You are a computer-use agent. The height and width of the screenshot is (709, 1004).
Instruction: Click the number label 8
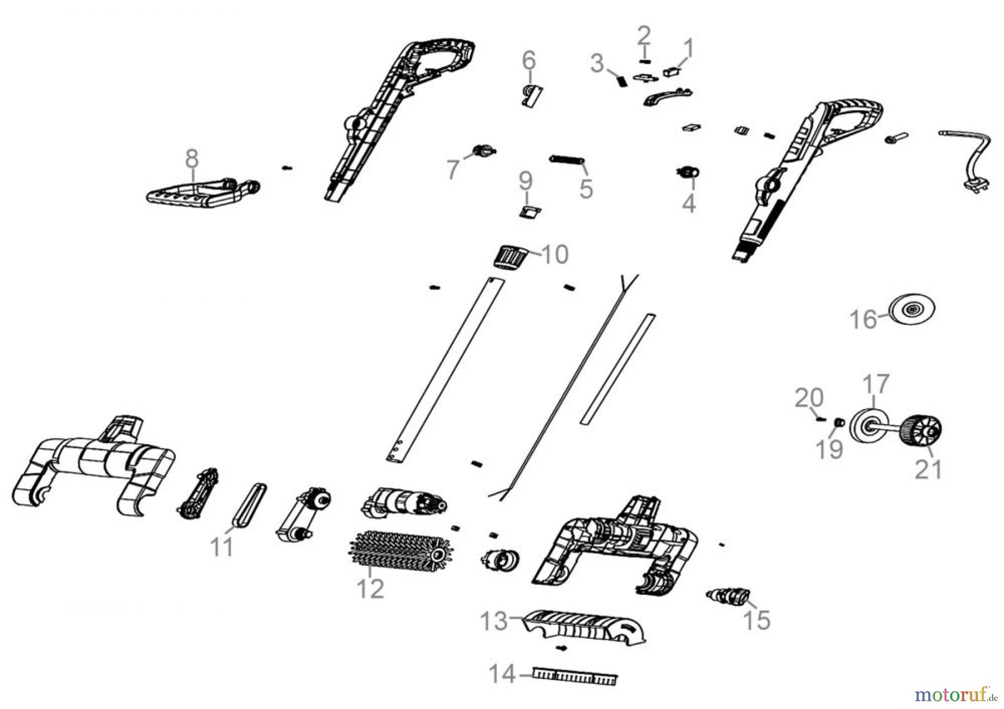point(191,159)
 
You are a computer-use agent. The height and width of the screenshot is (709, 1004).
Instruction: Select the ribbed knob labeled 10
point(510,258)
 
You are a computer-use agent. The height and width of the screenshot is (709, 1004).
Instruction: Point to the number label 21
point(928,469)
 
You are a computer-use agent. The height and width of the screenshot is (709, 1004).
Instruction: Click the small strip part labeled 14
point(575,677)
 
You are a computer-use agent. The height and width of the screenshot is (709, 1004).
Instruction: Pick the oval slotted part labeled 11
point(249,504)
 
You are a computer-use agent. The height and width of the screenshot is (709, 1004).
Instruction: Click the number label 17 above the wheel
point(876,385)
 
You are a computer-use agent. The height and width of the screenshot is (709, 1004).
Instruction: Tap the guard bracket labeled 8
point(204,192)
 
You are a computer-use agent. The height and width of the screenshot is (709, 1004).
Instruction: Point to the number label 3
point(597,64)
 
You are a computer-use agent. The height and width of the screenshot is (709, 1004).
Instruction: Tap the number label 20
point(809,398)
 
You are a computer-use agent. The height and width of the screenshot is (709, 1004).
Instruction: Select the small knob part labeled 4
point(688,172)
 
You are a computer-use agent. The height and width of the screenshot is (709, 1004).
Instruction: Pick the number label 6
point(528,60)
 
